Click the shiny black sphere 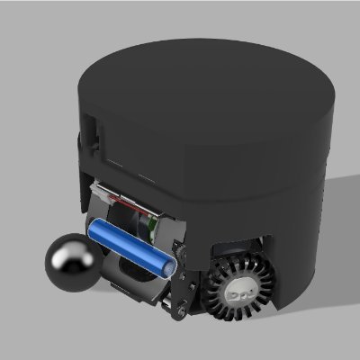(x=73, y=265)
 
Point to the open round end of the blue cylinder (x=167, y=267)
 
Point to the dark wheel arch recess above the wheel (x=238, y=247)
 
